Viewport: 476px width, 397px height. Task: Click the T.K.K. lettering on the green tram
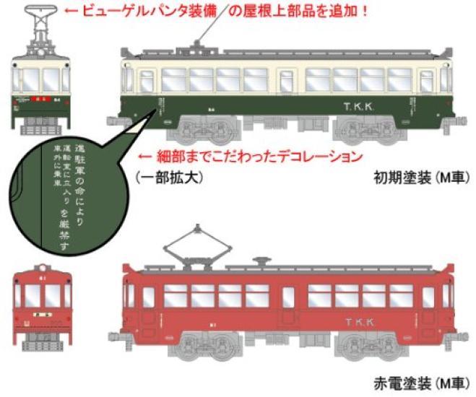point(358,106)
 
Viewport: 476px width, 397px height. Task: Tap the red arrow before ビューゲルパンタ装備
point(70,12)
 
